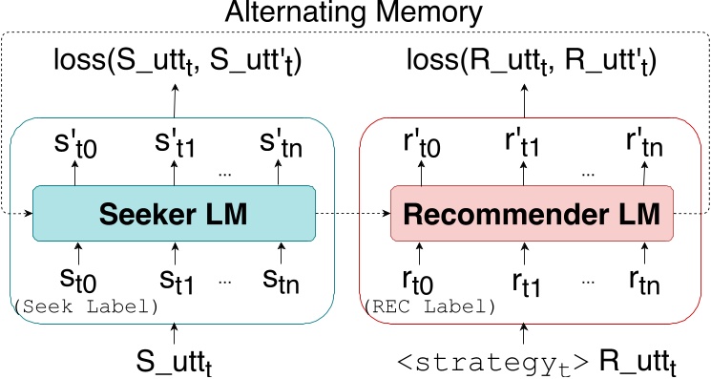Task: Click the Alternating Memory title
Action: point(355,15)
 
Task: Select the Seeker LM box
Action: point(174,214)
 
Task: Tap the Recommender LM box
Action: point(533,214)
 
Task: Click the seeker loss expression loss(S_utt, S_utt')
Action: point(175,63)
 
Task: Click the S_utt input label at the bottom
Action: point(175,363)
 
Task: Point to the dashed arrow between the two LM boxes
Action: point(353,214)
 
